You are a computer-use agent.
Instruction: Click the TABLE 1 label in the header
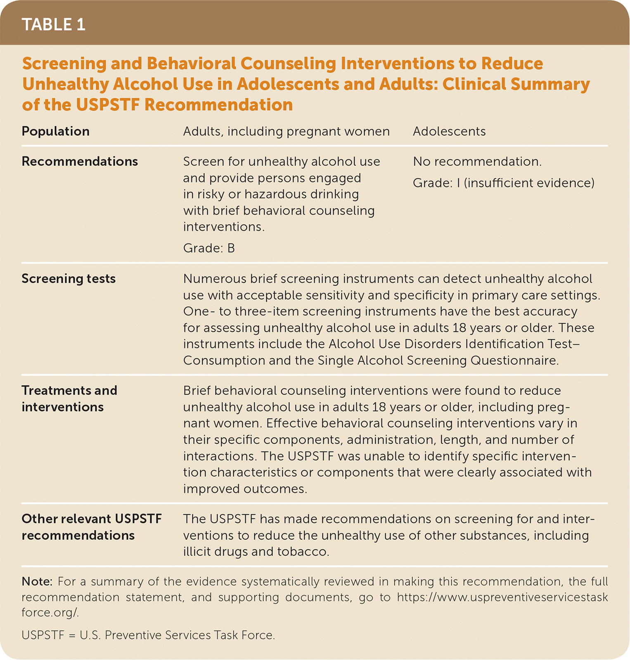coord(53,25)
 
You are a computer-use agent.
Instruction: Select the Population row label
coord(55,131)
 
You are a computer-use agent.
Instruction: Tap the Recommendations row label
coord(80,161)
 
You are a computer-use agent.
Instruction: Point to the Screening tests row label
coord(69,279)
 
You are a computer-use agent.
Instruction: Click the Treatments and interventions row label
coord(69,399)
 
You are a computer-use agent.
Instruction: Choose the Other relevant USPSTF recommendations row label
coord(91,527)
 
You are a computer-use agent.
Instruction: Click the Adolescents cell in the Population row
coord(449,131)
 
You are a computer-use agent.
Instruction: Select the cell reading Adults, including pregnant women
coord(286,131)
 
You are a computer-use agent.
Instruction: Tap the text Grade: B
coord(209,248)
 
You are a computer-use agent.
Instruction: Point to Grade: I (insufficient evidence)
coord(504,183)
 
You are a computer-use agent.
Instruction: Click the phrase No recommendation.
coord(477,161)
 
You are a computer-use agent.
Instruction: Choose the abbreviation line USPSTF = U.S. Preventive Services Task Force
coord(148,635)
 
